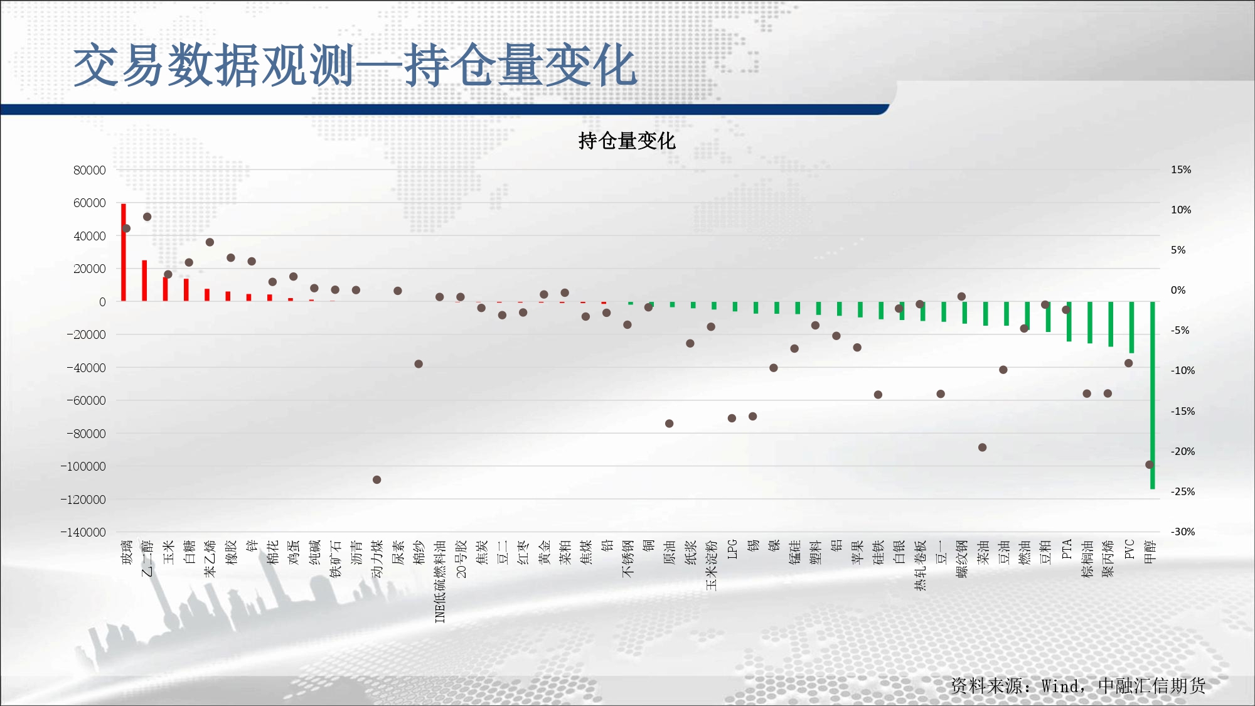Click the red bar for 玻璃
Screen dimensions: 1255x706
(124, 252)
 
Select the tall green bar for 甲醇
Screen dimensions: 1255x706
(1153, 395)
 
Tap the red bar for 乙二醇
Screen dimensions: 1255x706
(144, 281)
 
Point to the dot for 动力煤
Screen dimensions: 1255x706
(376, 479)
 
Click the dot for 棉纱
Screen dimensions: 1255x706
(419, 364)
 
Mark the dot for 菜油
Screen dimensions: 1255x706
(983, 447)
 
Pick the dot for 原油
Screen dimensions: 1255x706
(670, 424)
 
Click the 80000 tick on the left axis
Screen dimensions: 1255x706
(90, 170)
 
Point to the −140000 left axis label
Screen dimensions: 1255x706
(83, 532)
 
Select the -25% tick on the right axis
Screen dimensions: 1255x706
(1183, 491)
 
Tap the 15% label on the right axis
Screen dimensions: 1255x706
(1181, 169)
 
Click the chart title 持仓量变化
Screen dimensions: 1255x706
(627, 141)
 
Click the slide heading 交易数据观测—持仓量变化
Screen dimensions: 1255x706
(356, 65)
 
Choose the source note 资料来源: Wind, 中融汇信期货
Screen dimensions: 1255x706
(1078, 685)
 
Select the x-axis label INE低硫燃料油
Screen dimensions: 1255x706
(440, 581)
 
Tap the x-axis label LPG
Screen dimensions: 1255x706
(732, 549)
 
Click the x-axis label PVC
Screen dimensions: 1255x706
(1129, 549)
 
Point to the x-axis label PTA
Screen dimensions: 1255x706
(1067, 549)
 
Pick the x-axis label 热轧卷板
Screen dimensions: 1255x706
(921, 565)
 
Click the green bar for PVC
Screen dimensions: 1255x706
(1132, 328)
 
